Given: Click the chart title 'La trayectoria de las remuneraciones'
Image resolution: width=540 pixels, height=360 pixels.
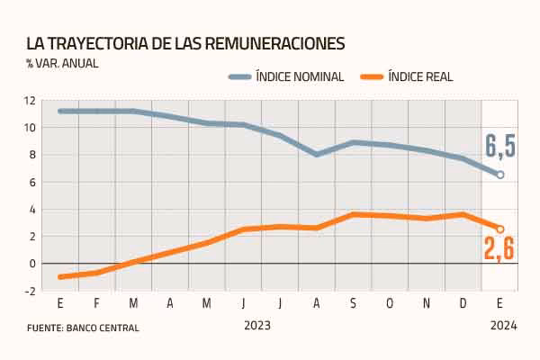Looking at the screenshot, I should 184,43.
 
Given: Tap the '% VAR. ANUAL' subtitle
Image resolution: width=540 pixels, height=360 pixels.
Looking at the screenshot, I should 62,63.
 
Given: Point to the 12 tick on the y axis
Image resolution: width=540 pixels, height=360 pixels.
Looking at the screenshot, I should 30,100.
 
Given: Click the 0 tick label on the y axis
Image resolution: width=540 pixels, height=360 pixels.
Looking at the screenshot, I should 31,264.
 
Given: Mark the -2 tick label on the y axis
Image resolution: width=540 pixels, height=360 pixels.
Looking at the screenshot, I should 30,291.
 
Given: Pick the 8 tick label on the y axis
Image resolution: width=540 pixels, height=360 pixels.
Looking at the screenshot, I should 31,155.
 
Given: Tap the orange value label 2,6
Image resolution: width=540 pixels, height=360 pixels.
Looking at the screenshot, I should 498,248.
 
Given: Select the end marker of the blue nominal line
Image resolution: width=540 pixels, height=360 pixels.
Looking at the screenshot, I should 500,175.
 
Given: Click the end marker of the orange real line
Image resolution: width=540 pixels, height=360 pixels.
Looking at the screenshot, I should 500,229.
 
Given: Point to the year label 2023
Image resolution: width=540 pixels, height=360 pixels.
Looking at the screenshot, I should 256,325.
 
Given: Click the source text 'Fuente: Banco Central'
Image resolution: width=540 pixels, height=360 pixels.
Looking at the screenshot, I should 82,328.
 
